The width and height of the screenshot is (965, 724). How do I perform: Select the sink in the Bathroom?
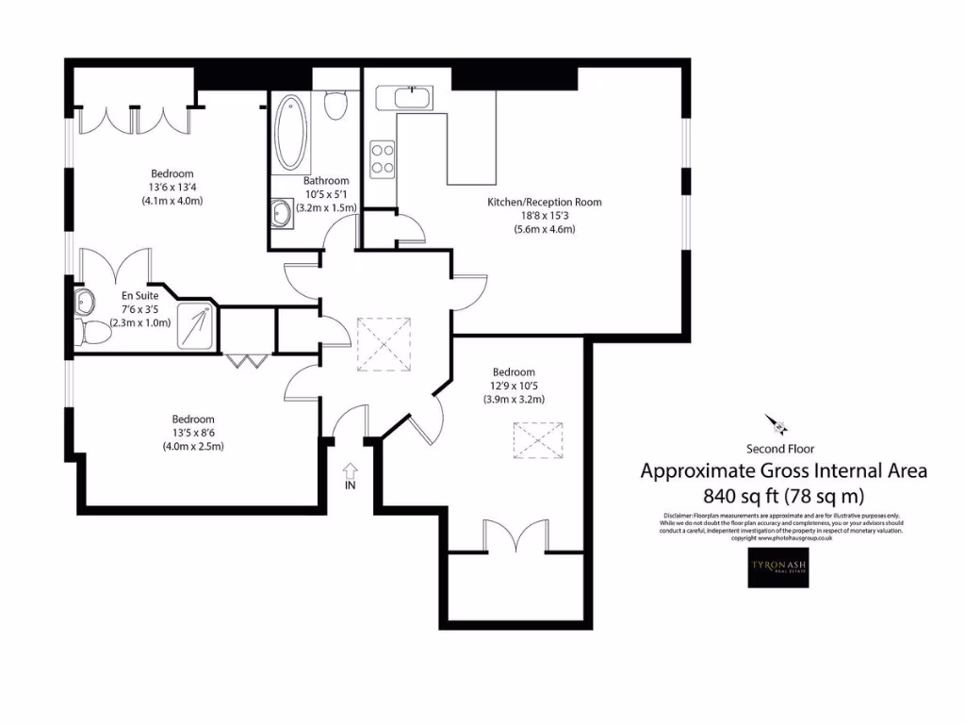coord(282,214)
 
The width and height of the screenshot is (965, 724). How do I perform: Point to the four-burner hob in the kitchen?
coord(382,158)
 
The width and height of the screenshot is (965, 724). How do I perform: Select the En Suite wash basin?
coord(85,302)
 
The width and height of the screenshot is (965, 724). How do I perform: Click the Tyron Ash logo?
coord(777,568)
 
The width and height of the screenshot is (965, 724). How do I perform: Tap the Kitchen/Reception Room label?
coord(544,202)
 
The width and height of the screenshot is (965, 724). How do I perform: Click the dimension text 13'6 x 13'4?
coord(172,187)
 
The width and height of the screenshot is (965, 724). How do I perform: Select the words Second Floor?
coord(780,449)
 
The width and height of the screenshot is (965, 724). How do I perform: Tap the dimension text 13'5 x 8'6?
coord(192,433)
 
